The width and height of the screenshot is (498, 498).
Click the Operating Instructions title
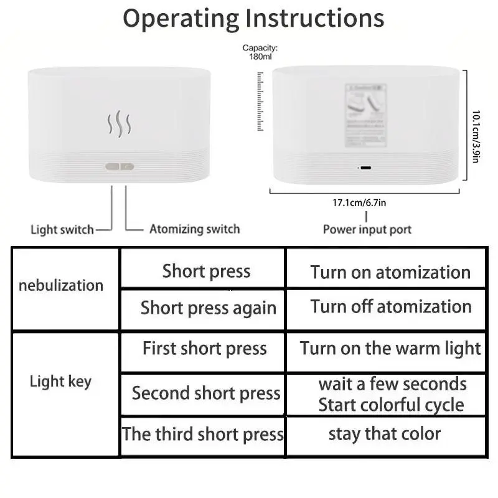tap(253, 19)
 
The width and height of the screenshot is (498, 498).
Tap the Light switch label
tap(62, 230)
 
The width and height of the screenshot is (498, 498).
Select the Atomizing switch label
tap(194, 229)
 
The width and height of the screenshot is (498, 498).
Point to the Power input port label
tap(367, 230)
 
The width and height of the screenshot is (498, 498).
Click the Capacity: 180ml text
tap(260, 52)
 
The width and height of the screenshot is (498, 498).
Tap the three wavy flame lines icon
tap(119, 124)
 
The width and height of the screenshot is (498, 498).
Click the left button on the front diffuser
tap(112, 167)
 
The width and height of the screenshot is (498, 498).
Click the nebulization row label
tap(61, 286)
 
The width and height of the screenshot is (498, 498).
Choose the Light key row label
tap(60, 382)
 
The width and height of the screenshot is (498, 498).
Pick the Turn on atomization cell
tap(390, 273)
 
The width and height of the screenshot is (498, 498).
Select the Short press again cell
tap(208, 308)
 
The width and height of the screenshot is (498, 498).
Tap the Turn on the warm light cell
tap(390, 349)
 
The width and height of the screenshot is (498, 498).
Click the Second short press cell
tap(206, 393)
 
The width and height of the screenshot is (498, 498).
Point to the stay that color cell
tap(384, 434)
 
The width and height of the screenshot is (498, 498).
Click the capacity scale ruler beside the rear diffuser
tap(260, 101)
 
